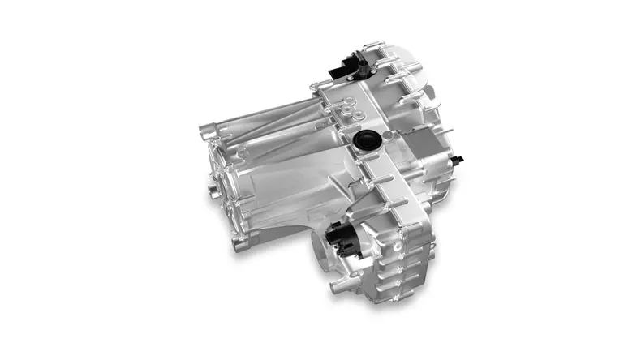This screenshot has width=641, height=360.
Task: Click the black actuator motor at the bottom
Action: pos(343,239)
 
